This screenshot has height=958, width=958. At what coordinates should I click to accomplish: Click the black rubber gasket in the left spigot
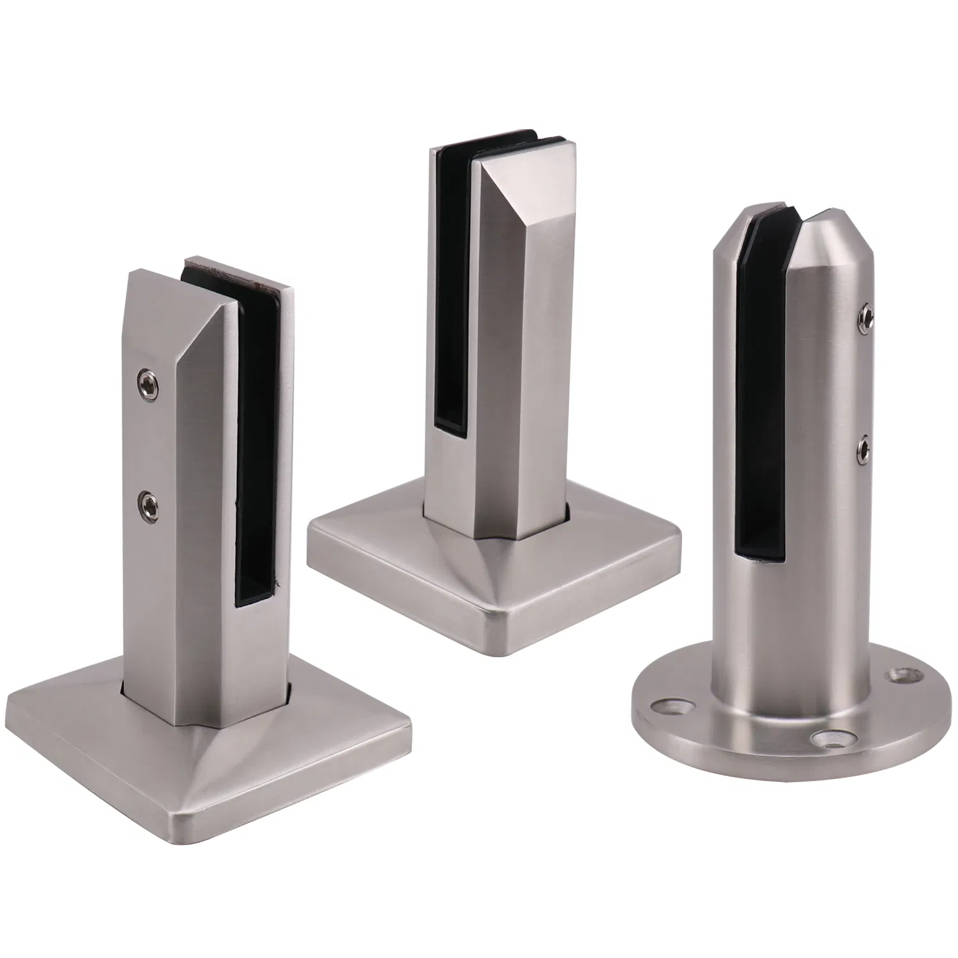[x=259, y=434]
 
